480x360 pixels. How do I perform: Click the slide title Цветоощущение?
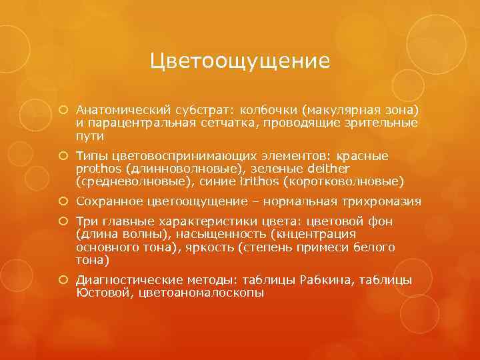tap(240, 61)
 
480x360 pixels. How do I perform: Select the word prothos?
tap(99, 168)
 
